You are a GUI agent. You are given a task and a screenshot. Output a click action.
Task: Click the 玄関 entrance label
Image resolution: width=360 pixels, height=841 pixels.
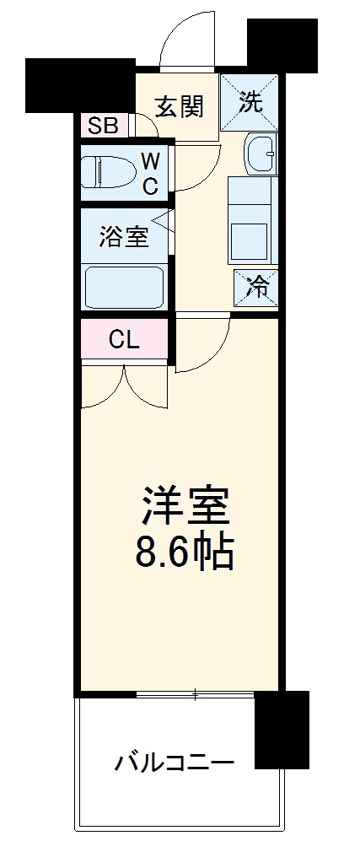pyautogui.click(x=179, y=106)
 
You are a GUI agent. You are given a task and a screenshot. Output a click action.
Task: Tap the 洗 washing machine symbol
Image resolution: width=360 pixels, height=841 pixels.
pyautogui.click(x=251, y=103)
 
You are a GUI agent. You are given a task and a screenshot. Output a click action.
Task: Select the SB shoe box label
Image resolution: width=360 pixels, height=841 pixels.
pyautogui.click(x=104, y=127)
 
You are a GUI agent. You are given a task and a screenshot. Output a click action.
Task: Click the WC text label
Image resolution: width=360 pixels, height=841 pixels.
pyautogui.click(x=149, y=173)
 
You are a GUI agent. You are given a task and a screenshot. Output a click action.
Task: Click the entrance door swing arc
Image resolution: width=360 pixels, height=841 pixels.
pyautogui.click(x=188, y=38)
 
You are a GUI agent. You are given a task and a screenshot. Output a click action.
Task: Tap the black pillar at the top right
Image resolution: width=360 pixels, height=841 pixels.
pyautogui.click(x=282, y=42)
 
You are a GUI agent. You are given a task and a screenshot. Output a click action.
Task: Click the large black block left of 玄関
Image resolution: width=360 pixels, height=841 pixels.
pyautogui.click(x=80, y=85)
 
